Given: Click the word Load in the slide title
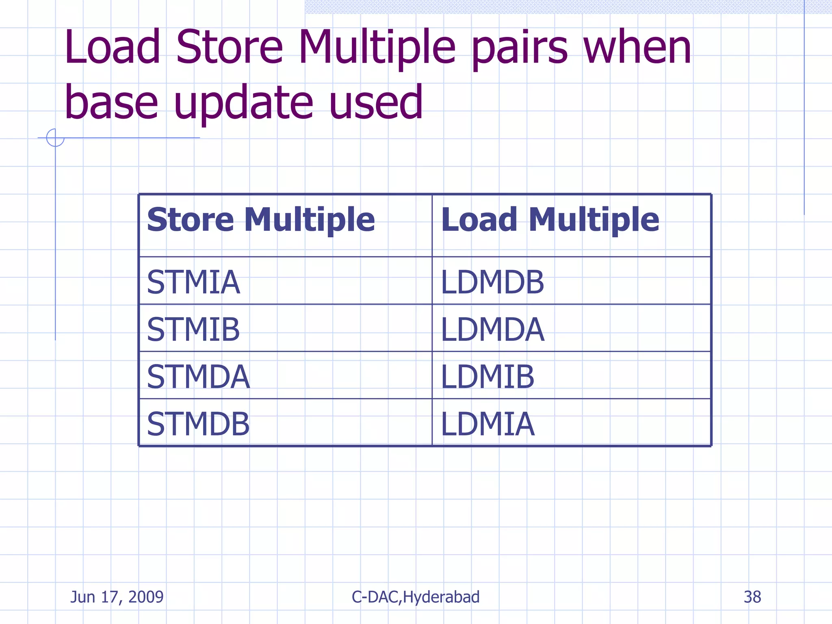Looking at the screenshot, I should [113, 48].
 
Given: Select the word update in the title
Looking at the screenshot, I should [244, 103].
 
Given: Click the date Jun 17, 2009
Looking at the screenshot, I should [117, 597].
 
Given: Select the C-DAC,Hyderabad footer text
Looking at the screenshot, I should [415, 597].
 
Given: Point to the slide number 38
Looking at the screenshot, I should [752, 597].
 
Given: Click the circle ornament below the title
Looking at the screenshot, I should [55, 138].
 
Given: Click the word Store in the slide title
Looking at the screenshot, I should [230, 48].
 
